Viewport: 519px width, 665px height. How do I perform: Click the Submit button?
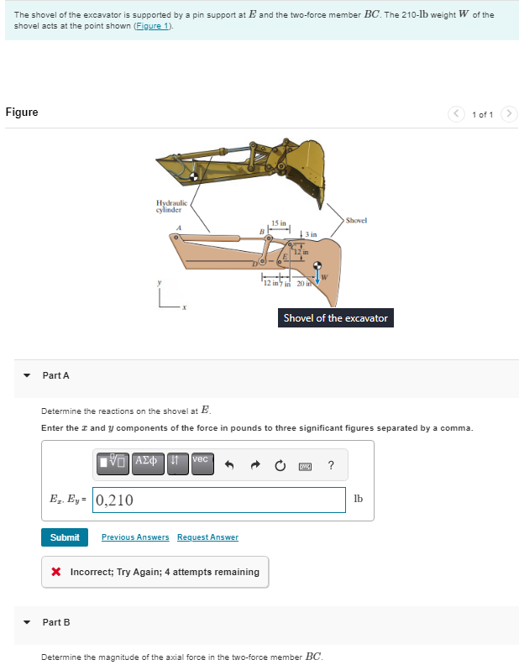(65, 537)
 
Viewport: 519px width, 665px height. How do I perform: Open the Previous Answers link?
(135, 537)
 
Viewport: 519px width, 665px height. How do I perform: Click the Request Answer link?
(207, 537)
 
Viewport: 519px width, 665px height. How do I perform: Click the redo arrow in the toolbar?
(259, 465)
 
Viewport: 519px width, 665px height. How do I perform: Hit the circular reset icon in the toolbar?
(283, 465)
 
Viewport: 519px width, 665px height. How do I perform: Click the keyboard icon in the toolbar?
(307, 465)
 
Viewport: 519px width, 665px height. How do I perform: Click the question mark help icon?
(331, 465)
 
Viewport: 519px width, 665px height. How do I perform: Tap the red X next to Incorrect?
(56, 573)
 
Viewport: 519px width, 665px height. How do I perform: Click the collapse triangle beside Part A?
(27, 375)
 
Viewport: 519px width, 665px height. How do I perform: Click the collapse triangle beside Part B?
(27, 622)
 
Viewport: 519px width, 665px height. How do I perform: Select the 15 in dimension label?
(279, 223)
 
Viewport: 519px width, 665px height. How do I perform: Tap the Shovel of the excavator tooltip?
(335, 318)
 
